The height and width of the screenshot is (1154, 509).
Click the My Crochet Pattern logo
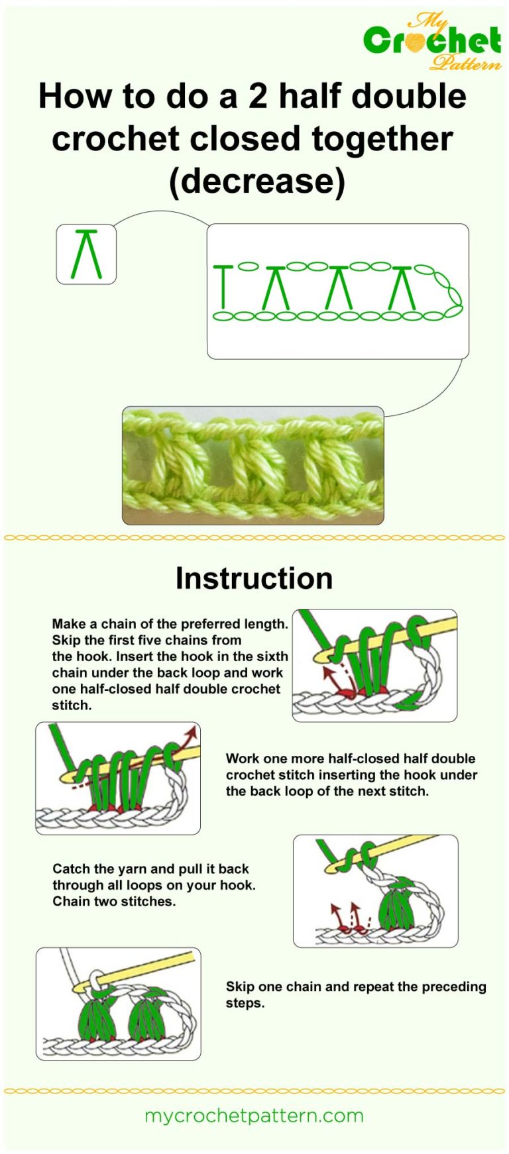[x=432, y=41]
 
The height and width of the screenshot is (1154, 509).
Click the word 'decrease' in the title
[x=258, y=180]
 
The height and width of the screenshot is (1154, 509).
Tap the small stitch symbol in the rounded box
[x=86, y=254]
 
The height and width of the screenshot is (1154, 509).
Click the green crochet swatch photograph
[x=253, y=465]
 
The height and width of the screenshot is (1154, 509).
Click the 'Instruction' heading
[x=254, y=578]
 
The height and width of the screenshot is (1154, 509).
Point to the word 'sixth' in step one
[x=272, y=656]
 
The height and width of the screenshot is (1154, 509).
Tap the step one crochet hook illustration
[x=374, y=665]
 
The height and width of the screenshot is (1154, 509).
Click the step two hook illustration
[x=118, y=778]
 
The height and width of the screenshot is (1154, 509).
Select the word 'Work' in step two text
[x=241, y=759]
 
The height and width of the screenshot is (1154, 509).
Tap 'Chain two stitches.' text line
[x=114, y=902]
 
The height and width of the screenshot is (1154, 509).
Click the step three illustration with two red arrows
[x=375, y=890]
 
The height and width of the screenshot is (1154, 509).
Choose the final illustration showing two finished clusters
[x=118, y=1003]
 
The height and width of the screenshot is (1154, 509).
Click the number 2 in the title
[x=258, y=96]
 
